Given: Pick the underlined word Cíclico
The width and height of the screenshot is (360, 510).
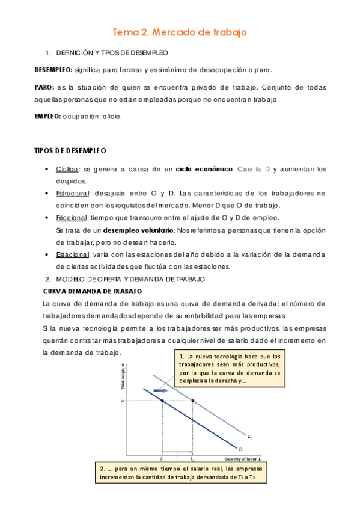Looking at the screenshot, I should pyautogui.click(x=67, y=169).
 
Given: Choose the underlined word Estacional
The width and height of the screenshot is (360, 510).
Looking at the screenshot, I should pyautogui.click(x=72, y=254).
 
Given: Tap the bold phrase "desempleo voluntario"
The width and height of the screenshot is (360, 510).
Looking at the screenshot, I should pyautogui.click(x=139, y=230).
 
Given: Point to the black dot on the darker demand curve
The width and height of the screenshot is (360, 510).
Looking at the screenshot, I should pyautogui.click(x=162, y=401).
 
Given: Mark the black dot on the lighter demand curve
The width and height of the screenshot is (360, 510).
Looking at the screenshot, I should pyautogui.click(x=193, y=401).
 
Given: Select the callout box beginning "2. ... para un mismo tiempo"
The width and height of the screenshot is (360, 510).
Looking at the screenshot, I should pyautogui.click(x=181, y=473).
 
